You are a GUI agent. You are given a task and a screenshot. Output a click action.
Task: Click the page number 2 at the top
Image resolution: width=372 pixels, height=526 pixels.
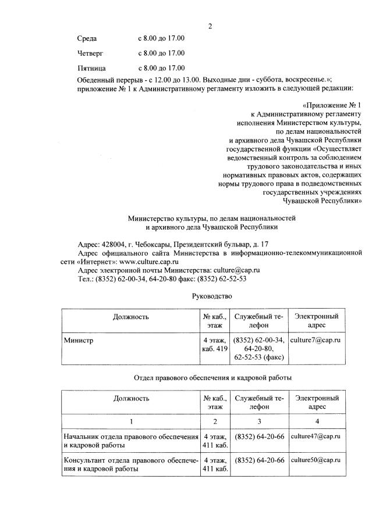pos(211,26)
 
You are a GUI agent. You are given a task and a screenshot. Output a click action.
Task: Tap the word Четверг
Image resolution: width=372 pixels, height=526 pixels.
pos(90,53)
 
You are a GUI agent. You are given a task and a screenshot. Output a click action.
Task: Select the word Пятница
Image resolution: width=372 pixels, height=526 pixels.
pos(91,68)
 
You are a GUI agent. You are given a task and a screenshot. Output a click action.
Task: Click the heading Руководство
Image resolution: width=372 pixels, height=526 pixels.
pos(212,296)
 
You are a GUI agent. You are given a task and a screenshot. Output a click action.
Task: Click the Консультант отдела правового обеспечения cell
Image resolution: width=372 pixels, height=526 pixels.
pos(130,464)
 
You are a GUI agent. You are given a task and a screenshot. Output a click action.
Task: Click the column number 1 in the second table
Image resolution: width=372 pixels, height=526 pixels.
pos(131,420)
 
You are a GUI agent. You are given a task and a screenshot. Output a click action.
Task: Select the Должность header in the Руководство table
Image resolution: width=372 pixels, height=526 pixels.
pos(131,317)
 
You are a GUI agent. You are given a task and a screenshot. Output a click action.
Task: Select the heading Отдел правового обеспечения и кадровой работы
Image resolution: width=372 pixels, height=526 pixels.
pos(212,378)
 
